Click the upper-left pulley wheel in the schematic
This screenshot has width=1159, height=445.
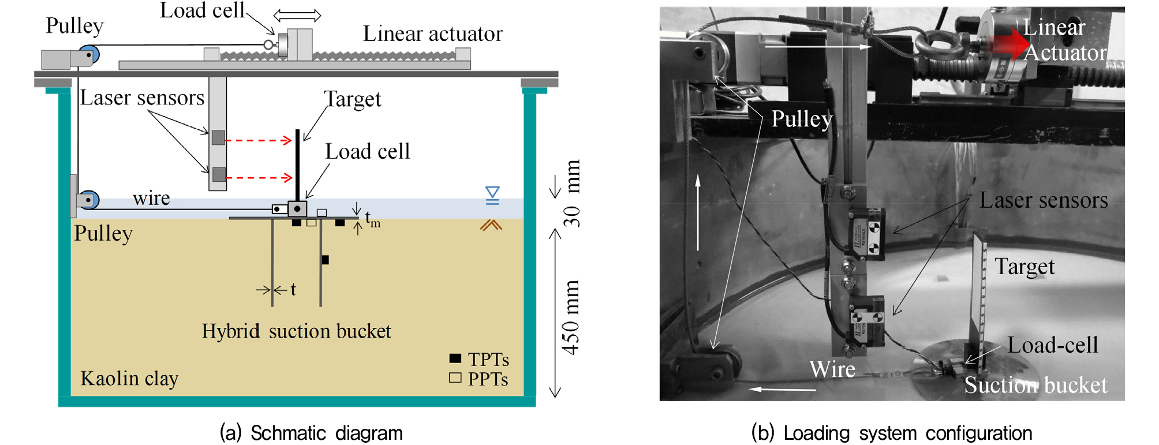(x=90, y=55)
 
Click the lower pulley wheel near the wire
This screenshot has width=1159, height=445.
(x=89, y=200)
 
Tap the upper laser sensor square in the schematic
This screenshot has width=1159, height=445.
(x=218, y=137)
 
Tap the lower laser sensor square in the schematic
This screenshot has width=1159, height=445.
(x=219, y=174)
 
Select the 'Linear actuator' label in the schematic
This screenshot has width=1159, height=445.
(x=432, y=34)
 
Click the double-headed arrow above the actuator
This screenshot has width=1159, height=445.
(x=297, y=15)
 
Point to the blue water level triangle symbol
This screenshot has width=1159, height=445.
(x=492, y=193)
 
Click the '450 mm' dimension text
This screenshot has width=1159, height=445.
(x=571, y=317)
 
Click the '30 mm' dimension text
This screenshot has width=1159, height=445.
(x=571, y=193)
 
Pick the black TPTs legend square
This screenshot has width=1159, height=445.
(x=455, y=358)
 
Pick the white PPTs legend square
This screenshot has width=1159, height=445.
(x=455, y=378)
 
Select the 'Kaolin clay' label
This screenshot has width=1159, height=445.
(x=129, y=379)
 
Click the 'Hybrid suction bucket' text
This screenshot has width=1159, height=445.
(x=296, y=331)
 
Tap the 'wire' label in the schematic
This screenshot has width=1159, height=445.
(x=151, y=199)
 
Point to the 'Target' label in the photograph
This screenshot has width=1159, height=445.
(x=1025, y=267)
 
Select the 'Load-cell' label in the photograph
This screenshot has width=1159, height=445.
(x=1053, y=345)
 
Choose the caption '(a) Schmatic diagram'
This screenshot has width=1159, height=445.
(x=311, y=433)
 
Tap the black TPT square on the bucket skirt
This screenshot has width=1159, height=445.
(x=325, y=260)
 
